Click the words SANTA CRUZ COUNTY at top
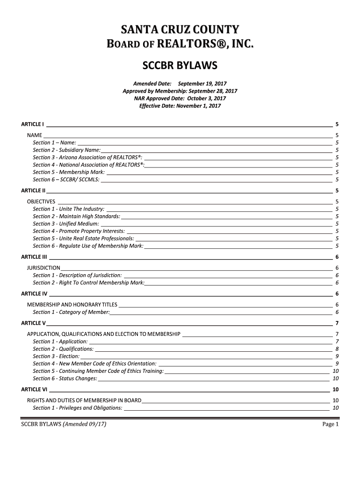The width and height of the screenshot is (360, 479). pos(180,30)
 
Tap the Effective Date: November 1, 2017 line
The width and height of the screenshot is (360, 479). pos(180,106)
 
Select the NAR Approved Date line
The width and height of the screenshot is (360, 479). pos(180,99)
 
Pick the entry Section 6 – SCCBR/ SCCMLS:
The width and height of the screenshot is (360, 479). pos(66,180)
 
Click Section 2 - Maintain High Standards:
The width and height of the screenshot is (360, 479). pos(76,216)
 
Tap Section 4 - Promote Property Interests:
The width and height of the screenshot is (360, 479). pos(79,231)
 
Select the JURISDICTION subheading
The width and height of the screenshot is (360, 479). pos(43,268)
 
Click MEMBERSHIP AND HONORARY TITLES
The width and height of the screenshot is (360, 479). pos(72,305)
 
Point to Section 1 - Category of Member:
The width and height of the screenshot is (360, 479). pos(71,312)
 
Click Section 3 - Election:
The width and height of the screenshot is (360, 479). pos(56,356)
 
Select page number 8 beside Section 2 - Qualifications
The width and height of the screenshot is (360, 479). pos(337,349)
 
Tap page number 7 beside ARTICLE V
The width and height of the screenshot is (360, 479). pos(337,323)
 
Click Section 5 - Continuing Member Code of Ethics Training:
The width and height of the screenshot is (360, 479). pos(98,371)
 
